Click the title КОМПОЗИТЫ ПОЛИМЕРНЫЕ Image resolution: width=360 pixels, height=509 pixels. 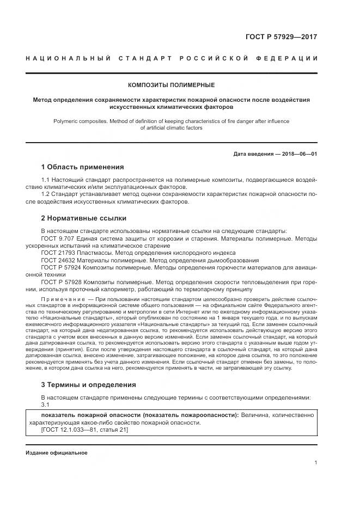tap(171, 85)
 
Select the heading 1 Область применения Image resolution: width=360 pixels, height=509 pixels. tap(83, 167)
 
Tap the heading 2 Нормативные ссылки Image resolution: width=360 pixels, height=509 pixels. tap(84, 218)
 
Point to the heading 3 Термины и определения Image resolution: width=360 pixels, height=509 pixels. tap(89, 384)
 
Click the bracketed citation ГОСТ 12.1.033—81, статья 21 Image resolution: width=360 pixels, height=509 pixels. tap(84, 430)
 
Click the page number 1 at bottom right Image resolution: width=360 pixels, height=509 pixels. tap(315, 463)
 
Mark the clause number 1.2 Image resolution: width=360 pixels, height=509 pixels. tap(46, 194)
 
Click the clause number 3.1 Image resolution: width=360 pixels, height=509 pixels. tap(45, 405)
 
